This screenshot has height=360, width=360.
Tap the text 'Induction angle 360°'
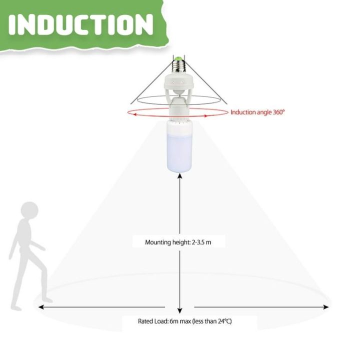tap(257, 112)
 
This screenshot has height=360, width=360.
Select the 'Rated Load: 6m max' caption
tap(184, 321)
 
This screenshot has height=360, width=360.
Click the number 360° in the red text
tap(277, 112)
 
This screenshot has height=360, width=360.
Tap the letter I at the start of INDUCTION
tap(13, 24)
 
